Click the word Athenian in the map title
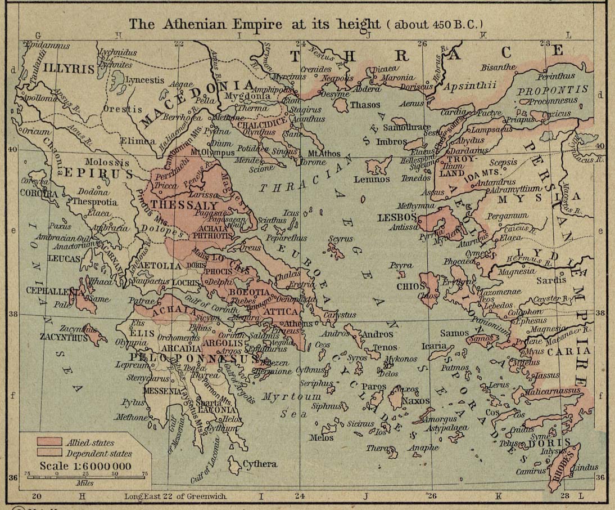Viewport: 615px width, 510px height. (x=194, y=24)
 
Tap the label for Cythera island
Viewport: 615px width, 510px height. (x=259, y=464)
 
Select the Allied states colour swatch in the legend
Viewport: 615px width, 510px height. (x=50, y=443)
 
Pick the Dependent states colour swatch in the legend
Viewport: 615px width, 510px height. (x=50, y=453)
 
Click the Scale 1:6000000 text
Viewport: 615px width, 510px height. (x=85, y=466)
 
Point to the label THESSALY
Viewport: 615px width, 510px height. (x=176, y=205)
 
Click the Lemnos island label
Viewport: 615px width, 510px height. (x=372, y=180)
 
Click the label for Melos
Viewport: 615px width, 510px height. (x=322, y=437)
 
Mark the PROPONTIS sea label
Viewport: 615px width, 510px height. (x=553, y=90)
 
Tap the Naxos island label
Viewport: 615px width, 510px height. (x=415, y=401)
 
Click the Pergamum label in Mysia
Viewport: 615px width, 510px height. (x=508, y=216)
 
